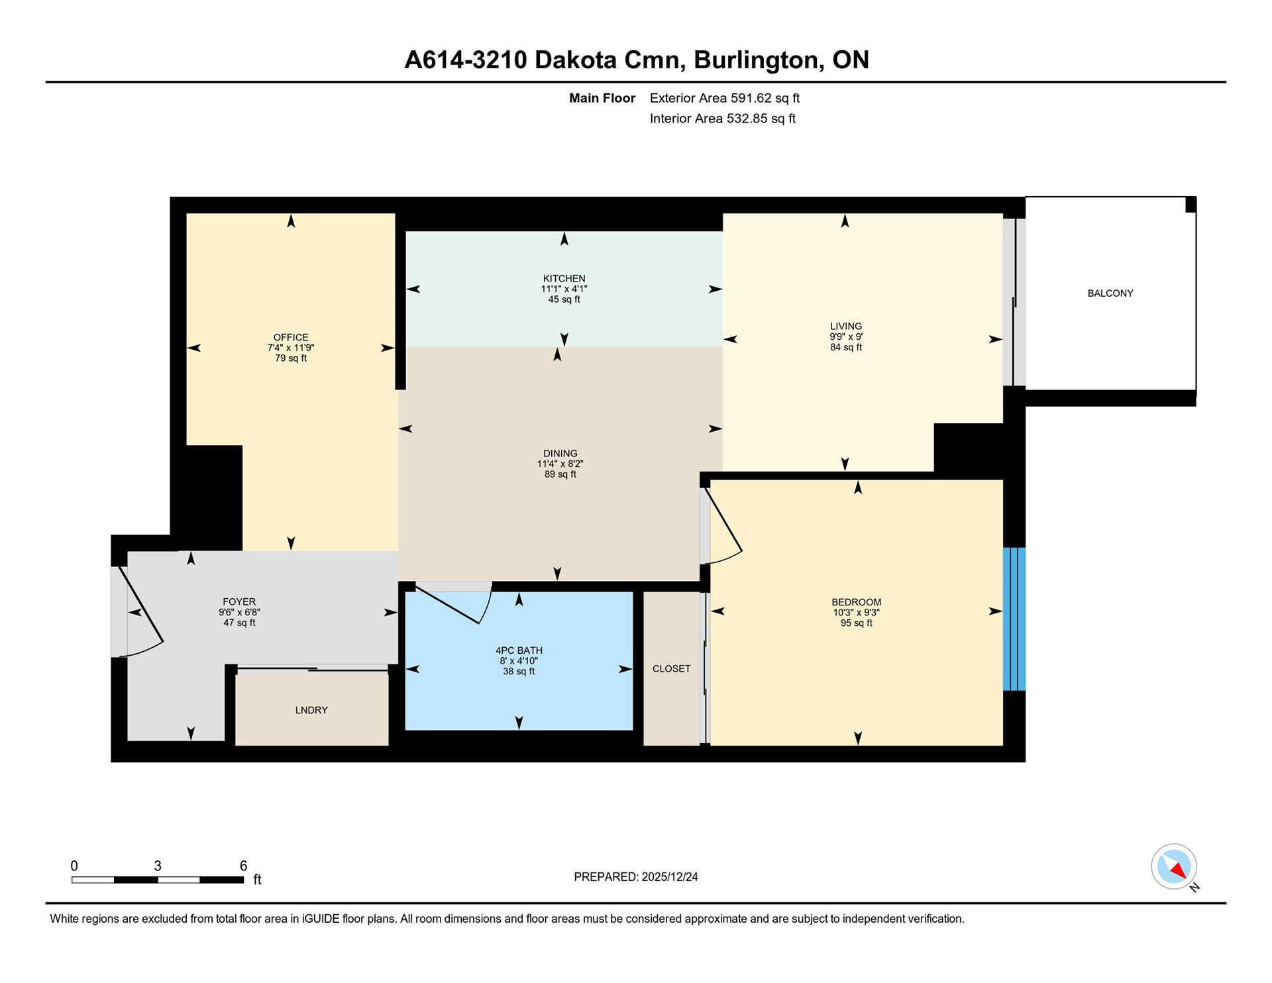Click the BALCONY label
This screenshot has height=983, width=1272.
coord(1110,293)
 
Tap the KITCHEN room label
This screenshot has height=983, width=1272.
coord(564,279)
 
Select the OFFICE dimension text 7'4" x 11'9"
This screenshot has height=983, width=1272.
coord(291,348)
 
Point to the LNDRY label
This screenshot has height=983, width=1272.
coord(311,710)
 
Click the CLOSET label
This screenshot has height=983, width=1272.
coord(671,669)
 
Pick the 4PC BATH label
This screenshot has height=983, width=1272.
coord(519,650)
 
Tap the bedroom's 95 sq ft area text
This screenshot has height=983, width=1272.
coord(856,623)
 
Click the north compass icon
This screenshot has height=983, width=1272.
coord(1175,867)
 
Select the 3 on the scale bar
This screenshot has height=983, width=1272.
coord(158,866)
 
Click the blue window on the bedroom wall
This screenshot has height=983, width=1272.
coord(1014,619)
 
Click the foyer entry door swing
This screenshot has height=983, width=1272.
coord(141,611)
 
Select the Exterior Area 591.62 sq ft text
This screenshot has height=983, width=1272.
coord(724,98)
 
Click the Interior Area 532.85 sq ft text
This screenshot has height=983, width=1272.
coord(722,119)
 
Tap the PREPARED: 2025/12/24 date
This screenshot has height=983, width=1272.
coord(635,877)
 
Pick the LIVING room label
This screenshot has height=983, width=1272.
coord(846,327)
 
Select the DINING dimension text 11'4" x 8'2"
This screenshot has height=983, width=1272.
coord(560,464)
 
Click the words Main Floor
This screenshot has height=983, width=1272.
coord(602,98)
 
